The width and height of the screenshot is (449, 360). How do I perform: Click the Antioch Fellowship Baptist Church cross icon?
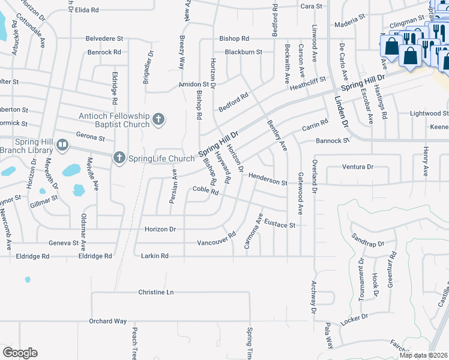coord(158,118)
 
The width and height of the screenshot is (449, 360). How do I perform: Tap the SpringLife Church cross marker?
coord(119,158)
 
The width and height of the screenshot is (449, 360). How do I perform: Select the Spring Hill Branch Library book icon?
coord(62,145)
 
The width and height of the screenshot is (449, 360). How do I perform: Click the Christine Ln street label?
coord(156,292)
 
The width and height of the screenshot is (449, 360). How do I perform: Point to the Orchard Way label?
coord(106,321)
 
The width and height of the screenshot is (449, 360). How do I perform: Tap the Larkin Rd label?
coord(154,256)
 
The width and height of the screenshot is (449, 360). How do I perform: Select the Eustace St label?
coord(280,223)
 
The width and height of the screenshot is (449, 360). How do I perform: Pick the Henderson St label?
coord(268,178)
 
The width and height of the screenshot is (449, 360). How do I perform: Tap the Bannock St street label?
coord(333,141)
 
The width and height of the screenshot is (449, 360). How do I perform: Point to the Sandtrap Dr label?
coord(367,241)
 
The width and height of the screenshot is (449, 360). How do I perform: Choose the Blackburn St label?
coord(243,52)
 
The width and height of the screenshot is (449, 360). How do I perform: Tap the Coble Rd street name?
coord(205,190)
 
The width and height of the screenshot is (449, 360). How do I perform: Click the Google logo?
coord(20,353)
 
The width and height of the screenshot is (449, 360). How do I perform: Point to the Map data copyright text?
coord(423,355)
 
